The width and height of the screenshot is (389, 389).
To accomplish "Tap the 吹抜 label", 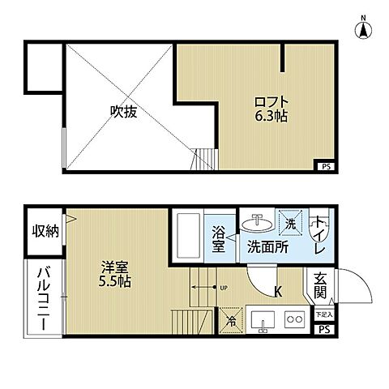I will pyautogui.click(x=123, y=112).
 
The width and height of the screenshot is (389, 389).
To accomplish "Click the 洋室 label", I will pyautogui.click(x=112, y=266).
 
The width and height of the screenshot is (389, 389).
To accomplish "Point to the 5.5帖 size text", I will pyautogui.click(x=112, y=281).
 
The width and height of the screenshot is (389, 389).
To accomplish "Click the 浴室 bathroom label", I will pyautogui.click(x=218, y=240).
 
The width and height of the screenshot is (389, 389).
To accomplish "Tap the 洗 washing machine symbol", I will pyautogui.click(x=291, y=220).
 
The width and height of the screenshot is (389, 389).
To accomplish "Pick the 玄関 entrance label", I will pyautogui.click(x=321, y=289).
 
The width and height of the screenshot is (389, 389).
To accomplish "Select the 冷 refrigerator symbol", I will pyautogui.click(x=230, y=321).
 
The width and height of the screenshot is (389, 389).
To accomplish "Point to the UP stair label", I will pyautogui.click(x=223, y=288).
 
